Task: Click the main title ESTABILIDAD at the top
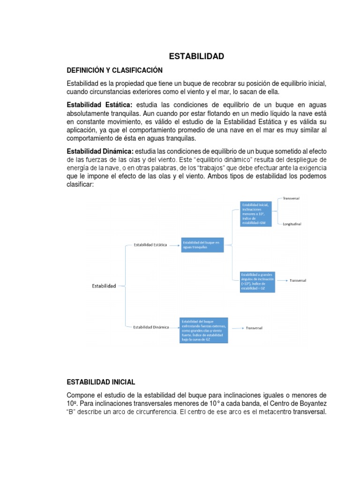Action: pyautogui.click(x=196, y=57)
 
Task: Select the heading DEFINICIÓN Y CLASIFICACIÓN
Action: pyautogui.click(x=115, y=70)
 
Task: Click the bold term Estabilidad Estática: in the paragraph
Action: pyautogui.click(x=100, y=105)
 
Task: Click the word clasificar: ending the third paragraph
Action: pyautogui.click(x=81, y=185)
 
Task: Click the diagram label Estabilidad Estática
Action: pyautogui.click(x=150, y=245)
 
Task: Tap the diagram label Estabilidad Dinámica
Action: pyautogui.click(x=151, y=327)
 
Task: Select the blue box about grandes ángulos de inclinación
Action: pyautogui.click(x=257, y=282)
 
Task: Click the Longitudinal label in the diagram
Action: pyautogui.click(x=292, y=224)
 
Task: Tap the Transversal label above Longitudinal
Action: pyautogui.click(x=291, y=198)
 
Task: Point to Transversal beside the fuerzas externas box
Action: pyautogui.click(x=255, y=328)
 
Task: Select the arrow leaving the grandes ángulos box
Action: pyautogui.click(x=282, y=280)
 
